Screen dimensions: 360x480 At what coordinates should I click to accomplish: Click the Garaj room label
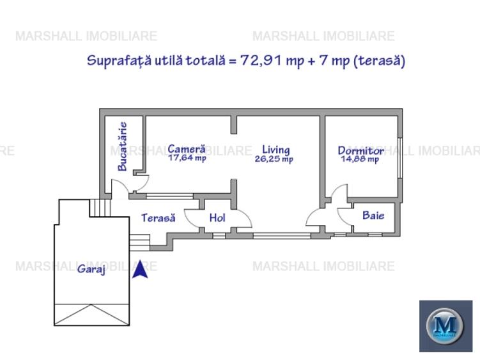pos(91,269)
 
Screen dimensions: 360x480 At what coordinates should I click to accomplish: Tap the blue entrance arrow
pos(141,269)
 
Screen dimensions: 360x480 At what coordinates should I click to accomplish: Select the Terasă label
pos(158,218)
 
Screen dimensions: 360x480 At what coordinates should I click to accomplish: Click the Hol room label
pos(217,218)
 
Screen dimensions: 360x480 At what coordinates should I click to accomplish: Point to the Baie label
pos(373,215)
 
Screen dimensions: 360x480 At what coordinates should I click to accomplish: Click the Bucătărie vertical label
pos(122,146)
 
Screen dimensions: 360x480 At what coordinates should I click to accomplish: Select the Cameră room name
pos(187,149)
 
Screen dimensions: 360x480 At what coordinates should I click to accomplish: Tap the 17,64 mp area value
pos(187,159)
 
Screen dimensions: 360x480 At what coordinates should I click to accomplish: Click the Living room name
pos(275,150)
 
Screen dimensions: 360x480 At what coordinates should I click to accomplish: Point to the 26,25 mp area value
pos(274,159)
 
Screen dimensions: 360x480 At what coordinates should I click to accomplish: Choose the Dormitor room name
pos(360,151)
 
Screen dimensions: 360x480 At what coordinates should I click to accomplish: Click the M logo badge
pos(445,325)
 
